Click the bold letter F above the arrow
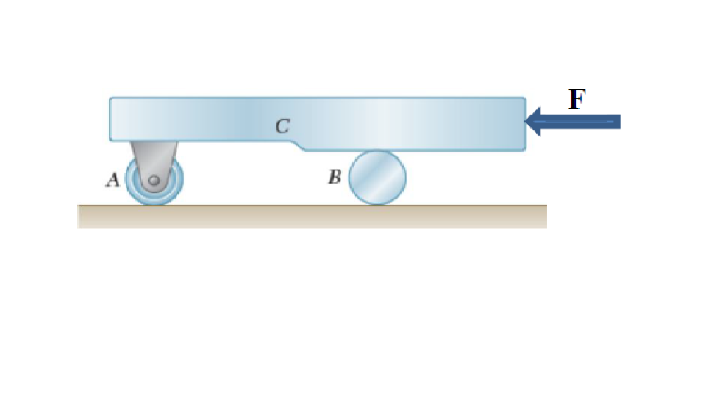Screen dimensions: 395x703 577,99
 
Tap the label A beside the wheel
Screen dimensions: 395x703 112,180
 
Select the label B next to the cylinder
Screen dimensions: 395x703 334,177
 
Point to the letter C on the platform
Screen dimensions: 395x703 282,126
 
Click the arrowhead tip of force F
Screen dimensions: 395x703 526,121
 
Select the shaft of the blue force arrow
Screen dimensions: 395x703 580,121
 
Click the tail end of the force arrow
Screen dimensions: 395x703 619,121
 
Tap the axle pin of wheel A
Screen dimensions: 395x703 154,180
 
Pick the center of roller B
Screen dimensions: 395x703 377,177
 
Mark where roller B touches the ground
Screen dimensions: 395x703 377,205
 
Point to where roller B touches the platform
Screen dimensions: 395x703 377,151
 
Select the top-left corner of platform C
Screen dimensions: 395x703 110,98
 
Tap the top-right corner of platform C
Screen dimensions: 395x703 525,98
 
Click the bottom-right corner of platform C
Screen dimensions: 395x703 525,150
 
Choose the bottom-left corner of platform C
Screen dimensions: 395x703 110,140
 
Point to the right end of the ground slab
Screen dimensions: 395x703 546,216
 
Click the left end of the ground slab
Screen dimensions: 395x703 78,216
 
